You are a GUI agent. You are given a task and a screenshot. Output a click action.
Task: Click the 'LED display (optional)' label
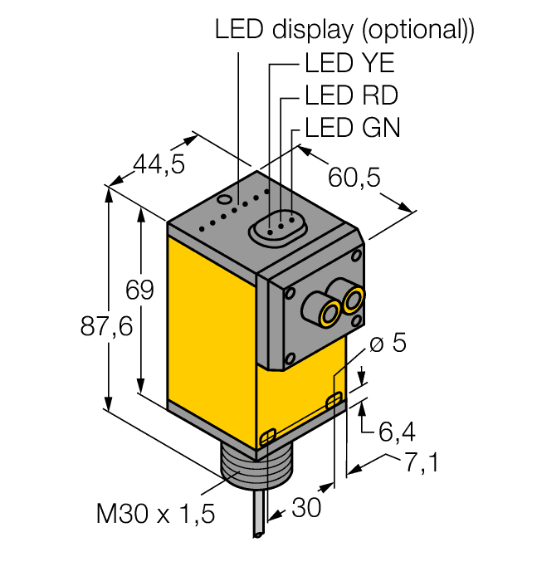344,30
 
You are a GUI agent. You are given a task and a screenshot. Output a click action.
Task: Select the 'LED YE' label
349,63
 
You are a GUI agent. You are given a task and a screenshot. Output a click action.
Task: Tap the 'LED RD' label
351,95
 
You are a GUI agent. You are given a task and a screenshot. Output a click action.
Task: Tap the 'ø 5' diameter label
387,343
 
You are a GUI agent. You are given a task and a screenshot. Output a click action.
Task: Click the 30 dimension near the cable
307,508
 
